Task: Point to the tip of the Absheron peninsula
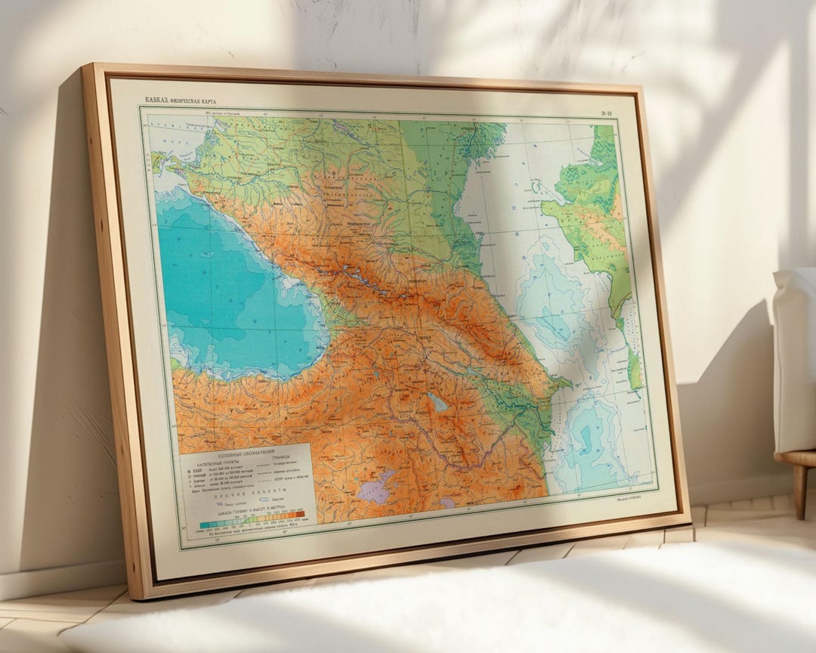pos(568,384)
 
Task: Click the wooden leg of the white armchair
pos(799,491)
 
